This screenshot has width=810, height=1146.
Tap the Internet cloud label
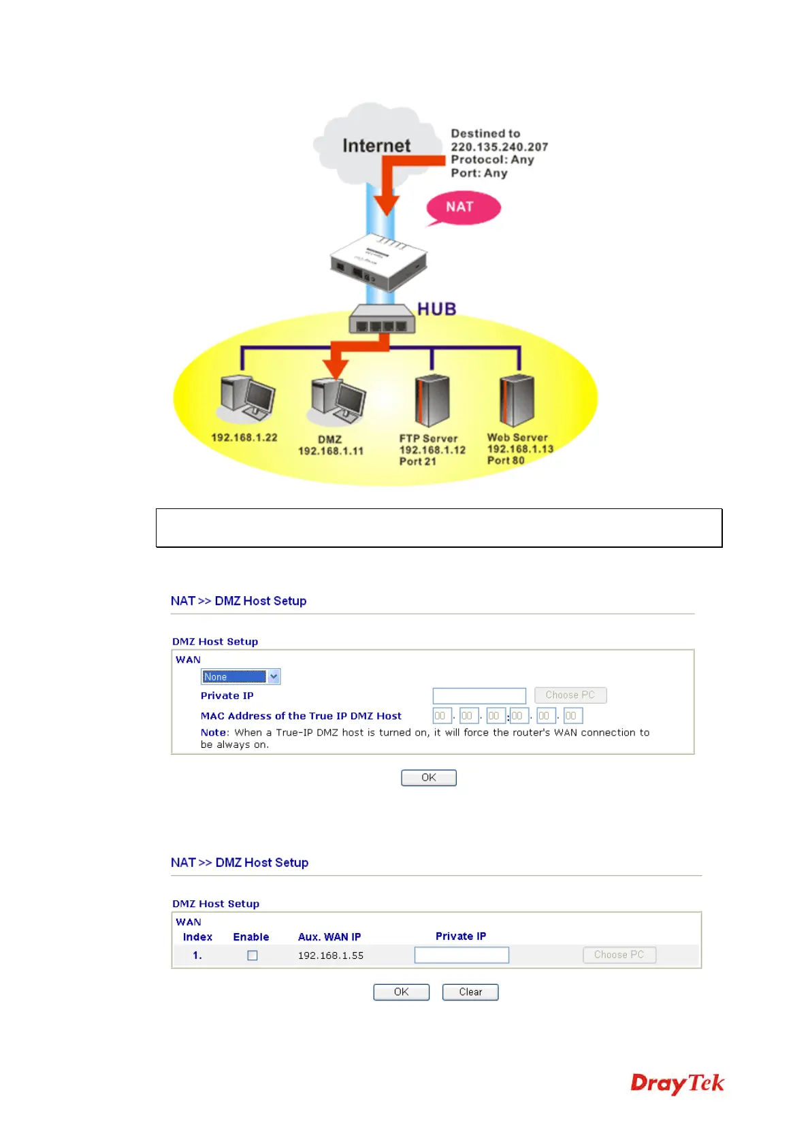[x=376, y=146]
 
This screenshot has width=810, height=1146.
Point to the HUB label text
[x=436, y=309]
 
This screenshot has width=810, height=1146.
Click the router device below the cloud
[x=378, y=263]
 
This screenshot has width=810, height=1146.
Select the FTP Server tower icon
[x=432, y=402]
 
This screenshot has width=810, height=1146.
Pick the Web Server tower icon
[x=517, y=401]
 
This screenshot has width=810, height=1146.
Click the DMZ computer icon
[x=338, y=399]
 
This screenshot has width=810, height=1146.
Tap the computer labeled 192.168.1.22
[x=247, y=398]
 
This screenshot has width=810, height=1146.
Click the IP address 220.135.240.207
[x=499, y=147]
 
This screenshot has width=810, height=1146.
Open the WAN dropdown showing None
[x=240, y=676]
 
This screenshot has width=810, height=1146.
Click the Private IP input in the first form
[x=479, y=695]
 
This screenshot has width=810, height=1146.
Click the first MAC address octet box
[x=441, y=716]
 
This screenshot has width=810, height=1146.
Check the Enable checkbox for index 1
[x=253, y=955]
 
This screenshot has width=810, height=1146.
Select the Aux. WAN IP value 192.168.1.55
[x=331, y=955]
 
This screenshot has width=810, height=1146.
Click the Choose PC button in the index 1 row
[x=619, y=955]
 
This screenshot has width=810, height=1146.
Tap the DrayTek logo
[x=677, y=1083]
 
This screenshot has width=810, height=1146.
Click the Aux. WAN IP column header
[x=329, y=937]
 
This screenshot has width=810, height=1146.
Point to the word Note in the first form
[x=213, y=733]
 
